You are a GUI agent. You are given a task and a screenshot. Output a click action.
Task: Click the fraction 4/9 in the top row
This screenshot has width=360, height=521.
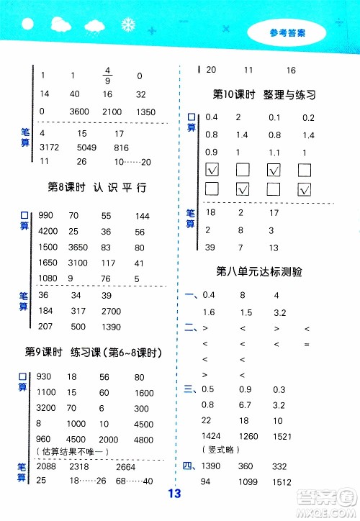point(107,74)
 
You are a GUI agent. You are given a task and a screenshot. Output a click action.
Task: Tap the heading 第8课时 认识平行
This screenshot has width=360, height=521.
point(96,188)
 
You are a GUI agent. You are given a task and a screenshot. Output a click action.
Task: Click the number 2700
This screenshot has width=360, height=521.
point(112,311)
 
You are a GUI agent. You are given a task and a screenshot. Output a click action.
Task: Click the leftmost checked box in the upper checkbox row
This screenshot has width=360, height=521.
point(212,171)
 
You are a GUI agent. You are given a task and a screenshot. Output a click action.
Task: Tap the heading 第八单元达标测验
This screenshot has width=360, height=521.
point(258,272)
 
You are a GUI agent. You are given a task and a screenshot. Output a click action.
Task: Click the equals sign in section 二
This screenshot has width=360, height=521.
point(307,343)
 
